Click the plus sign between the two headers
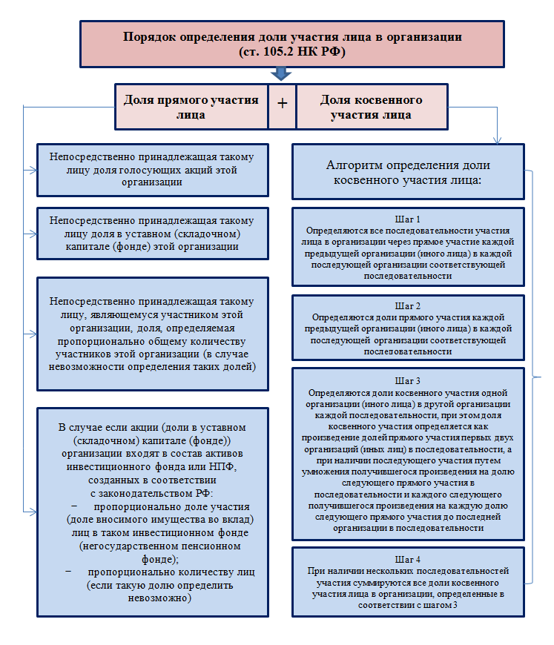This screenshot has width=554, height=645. coord(282,104)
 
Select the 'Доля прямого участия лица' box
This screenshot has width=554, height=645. coord(191,107)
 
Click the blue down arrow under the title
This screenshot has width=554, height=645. coord(281,74)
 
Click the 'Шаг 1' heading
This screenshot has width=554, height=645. coord(408,219)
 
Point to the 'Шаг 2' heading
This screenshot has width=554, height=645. coord(408,305)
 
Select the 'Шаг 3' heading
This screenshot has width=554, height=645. coord(408,380)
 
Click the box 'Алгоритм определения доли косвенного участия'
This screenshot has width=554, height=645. coord(409,172)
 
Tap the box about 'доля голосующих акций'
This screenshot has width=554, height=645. coord(153,170)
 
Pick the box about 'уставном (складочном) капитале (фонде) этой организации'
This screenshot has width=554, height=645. coord(153,233)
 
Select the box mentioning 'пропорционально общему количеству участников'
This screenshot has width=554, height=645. coord(153,334)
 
